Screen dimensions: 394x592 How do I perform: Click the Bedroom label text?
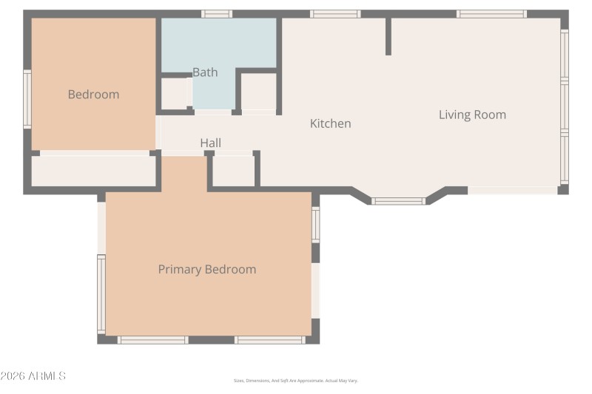click(x=93, y=95)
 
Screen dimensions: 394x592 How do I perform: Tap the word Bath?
click(x=205, y=72)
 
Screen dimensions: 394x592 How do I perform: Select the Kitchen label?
click(x=330, y=123)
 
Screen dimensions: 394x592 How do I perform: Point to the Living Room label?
click(x=472, y=115)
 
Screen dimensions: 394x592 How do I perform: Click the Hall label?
click(x=210, y=143)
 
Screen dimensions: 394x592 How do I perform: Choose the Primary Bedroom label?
click(x=207, y=269)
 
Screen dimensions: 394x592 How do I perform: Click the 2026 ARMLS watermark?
click(x=33, y=376)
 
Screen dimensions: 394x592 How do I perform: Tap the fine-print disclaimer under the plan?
click(x=295, y=381)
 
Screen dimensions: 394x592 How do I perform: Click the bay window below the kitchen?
click(x=398, y=200)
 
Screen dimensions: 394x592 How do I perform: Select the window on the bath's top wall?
click(x=217, y=13)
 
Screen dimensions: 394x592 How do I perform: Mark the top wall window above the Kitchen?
click(x=335, y=13)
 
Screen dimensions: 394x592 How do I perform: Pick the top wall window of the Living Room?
click(x=491, y=13)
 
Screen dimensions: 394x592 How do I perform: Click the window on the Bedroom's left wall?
click(x=27, y=100)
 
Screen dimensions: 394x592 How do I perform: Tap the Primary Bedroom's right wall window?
click(x=316, y=225)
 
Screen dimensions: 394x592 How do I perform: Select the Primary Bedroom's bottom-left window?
click(x=152, y=340)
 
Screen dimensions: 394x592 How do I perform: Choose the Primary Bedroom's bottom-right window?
click(x=269, y=340)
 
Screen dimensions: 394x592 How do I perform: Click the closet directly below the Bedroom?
click(x=93, y=171)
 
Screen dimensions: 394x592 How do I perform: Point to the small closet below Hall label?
click(x=233, y=171)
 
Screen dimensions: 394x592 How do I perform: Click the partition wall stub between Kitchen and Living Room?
click(x=388, y=36)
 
